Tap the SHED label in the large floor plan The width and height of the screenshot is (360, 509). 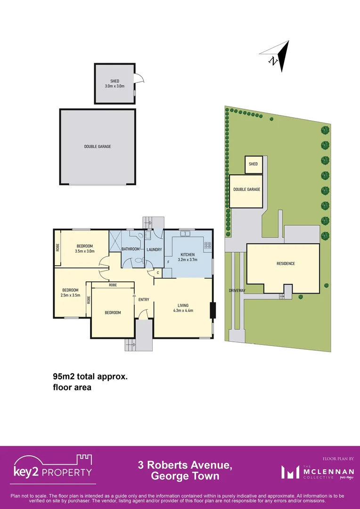coord(115,81)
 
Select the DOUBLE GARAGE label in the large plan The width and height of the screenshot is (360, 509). coord(98,147)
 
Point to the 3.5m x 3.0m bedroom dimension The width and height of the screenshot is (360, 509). coord(85,251)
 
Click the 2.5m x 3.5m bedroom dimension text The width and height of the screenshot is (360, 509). coord(70,296)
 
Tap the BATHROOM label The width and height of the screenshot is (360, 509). coord(131,249)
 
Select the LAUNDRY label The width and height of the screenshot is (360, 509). coord(154,249)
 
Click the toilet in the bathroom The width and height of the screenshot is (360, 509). coord(139,260)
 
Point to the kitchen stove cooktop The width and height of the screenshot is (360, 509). coord(207,245)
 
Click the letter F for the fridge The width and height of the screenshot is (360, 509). coord(168,262)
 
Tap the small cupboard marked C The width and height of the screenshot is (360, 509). coord(157,273)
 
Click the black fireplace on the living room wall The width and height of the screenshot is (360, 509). coord(213,310)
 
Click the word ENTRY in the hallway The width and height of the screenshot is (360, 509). coord(144,300)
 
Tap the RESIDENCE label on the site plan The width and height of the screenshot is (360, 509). coord(286,263)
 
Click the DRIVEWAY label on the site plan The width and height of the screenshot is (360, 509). coord(237,291)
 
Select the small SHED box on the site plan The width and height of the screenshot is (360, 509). coord(253,164)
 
